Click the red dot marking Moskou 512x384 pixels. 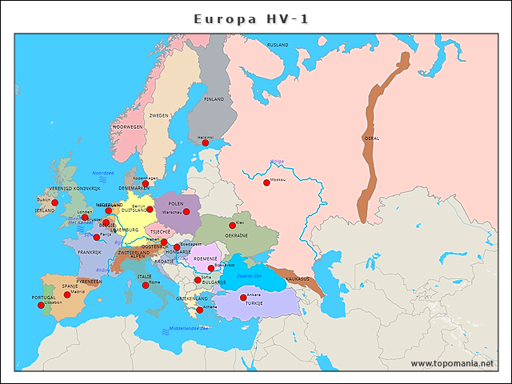pyautogui.click(x=266, y=182)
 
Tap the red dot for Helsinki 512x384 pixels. pyautogui.click(x=205, y=143)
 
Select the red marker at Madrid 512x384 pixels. pyautogui.click(x=67, y=294)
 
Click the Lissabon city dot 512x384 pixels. pyautogui.click(x=42, y=305)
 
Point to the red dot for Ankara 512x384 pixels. pyautogui.click(x=243, y=298)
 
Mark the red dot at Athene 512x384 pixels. pyautogui.click(x=199, y=310)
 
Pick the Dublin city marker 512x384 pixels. pyautogui.click(x=55, y=202)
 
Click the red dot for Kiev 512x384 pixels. pyautogui.click(x=233, y=226)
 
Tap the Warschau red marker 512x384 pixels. pyautogui.click(x=186, y=212)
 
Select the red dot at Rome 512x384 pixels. pyautogui.click(x=146, y=285)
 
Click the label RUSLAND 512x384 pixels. pyautogui.click(x=278, y=45)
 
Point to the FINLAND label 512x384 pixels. pyautogui.click(x=214, y=99)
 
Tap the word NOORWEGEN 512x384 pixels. pyautogui.click(x=127, y=126)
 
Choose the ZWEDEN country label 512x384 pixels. pyautogui.click(x=159, y=115)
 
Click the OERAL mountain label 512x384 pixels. pyautogui.click(x=372, y=138)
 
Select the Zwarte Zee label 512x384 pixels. pyautogui.click(x=260, y=275)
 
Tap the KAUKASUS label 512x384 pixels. pyautogui.click(x=297, y=278)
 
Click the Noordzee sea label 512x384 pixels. pyautogui.click(x=102, y=172)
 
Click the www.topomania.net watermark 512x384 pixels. pyautogui.click(x=454, y=363)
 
